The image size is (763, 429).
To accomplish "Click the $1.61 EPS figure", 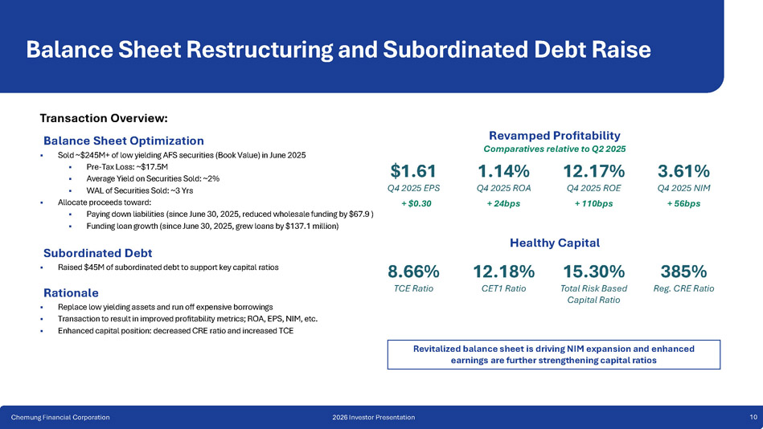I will point(412,171).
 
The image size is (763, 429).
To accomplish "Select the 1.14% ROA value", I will point(503,171).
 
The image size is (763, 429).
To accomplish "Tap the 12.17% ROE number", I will point(593,171).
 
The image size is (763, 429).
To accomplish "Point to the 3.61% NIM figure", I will point(683,171).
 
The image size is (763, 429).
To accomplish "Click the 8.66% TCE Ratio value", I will point(412,271).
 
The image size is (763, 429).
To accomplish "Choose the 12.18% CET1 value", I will point(503,271).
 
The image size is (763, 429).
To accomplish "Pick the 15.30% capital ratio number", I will point(593,271).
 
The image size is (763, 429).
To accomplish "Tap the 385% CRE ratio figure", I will point(683,271).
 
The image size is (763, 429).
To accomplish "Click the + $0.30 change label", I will point(412,203).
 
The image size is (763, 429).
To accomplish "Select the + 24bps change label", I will point(503,203).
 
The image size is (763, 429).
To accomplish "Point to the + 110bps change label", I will point(593,203).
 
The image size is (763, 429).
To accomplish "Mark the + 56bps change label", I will point(683,203).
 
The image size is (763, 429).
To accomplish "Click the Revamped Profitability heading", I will point(554,135).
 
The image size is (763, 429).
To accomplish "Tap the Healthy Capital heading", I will point(555,242).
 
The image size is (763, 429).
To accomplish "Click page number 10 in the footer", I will point(753,417).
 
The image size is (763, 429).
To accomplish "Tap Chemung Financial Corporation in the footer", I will point(60,417).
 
